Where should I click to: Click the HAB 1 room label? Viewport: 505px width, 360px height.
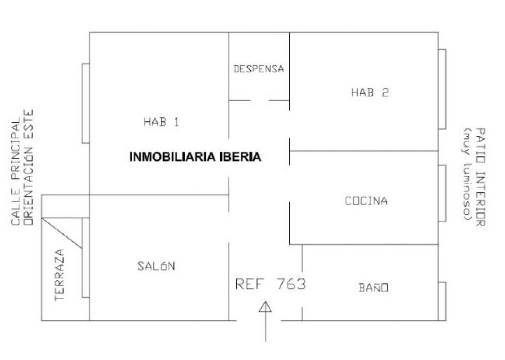point(162,122)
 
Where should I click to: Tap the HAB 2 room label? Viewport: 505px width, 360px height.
point(370,92)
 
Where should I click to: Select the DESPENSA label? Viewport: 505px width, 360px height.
point(258,69)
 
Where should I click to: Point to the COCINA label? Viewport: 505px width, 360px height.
point(366,201)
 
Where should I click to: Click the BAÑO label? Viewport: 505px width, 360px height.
point(373,287)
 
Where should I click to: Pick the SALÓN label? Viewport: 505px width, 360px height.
point(156,266)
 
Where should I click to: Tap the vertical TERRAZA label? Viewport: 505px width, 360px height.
point(59,275)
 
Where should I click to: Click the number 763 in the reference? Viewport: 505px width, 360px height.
point(291,284)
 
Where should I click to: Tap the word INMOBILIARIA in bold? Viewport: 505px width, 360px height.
point(173,157)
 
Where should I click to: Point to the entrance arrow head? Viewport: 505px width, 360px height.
point(265,306)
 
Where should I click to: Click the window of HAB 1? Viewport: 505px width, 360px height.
point(86,103)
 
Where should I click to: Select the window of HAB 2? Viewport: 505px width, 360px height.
point(442,89)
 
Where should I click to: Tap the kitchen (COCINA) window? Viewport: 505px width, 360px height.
point(442,193)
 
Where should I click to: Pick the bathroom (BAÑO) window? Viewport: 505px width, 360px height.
point(442,301)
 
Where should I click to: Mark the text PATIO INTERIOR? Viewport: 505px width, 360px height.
point(480,177)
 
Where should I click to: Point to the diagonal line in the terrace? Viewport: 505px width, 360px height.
point(62,233)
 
